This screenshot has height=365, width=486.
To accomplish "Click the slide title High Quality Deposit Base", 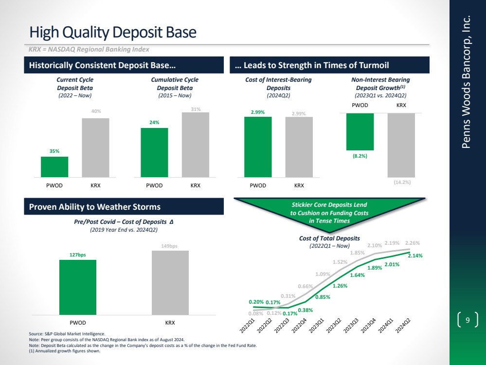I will click(x=113, y=32).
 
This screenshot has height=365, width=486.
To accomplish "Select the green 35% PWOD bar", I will click(x=54, y=166).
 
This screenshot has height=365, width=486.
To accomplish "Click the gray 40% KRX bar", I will click(x=95, y=147).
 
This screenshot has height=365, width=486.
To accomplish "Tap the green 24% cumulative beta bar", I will click(x=154, y=152).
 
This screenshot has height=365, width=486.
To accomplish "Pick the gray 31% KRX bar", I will click(x=196, y=145).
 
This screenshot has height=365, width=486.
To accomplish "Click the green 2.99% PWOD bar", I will click(x=258, y=146).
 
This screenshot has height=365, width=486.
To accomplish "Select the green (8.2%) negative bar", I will click(x=360, y=131).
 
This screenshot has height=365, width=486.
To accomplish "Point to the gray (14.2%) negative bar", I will click(x=401, y=145).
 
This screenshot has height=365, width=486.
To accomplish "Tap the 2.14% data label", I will click(x=415, y=255).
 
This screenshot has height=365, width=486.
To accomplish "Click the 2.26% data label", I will click(x=413, y=243).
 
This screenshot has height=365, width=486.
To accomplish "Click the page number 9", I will click(x=468, y=320).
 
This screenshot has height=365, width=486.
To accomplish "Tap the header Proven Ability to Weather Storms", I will click(x=95, y=207).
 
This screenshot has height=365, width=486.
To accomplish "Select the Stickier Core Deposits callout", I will click(x=329, y=213).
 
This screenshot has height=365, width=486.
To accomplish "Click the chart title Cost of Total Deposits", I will click(x=329, y=238).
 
